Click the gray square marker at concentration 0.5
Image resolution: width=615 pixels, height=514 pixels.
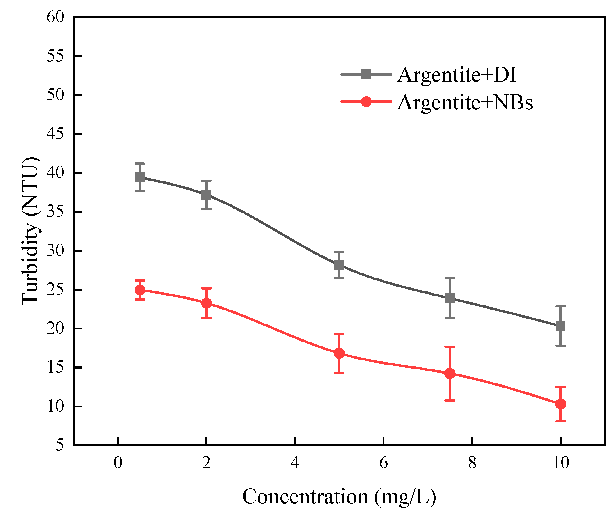click(140, 177)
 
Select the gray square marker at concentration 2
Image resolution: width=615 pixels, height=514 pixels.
click(206, 195)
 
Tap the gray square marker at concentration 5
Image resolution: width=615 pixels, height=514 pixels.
click(339, 265)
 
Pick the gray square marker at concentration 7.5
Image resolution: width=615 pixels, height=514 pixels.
click(450, 298)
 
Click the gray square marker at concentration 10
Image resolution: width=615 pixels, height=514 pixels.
click(560, 326)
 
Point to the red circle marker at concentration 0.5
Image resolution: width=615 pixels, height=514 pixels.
click(140, 290)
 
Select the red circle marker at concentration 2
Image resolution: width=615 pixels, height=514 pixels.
click(206, 303)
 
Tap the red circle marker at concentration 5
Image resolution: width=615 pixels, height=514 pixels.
click(339, 353)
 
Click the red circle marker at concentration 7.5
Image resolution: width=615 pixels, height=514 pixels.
click(450, 373)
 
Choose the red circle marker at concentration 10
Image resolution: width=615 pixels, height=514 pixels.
click(560, 404)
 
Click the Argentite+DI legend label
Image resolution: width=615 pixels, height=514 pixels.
click(457, 75)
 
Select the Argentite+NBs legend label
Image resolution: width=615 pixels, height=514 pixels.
click(465, 103)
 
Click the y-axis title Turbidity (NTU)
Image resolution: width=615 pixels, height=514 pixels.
click(31, 231)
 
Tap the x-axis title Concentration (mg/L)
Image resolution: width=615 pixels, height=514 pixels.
click(339, 497)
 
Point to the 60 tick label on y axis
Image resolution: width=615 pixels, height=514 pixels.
click(55, 17)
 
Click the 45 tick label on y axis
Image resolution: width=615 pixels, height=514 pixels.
click(55, 134)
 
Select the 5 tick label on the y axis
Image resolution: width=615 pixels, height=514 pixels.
click(60, 445)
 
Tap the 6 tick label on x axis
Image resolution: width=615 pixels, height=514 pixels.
click(383, 463)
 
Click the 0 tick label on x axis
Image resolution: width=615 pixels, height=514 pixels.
click(118, 463)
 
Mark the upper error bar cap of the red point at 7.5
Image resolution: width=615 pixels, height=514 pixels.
click(450, 346)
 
